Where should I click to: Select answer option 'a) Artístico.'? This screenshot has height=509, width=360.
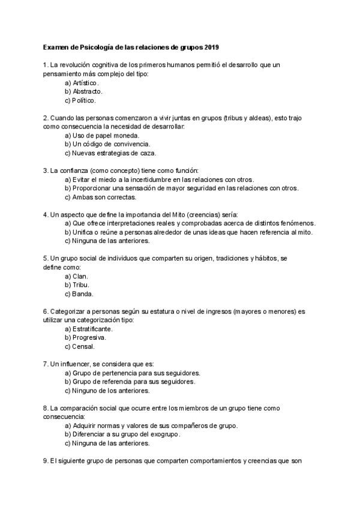tap(82, 82)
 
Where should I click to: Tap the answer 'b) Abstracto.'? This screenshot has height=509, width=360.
tap(83, 91)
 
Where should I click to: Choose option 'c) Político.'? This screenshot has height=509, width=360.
tap(81, 100)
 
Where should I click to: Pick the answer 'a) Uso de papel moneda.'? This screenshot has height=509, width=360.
tap(101, 136)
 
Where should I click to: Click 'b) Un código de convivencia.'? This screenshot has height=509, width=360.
tap(107, 144)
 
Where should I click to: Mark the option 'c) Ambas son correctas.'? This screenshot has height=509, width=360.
tap(100, 197)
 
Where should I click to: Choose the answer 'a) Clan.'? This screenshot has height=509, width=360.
tap(76, 276)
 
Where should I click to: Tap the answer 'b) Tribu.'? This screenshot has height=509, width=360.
tap(76, 285)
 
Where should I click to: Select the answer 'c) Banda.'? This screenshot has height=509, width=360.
tap(79, 294)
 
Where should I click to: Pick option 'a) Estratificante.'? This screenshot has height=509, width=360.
tap(88, 329)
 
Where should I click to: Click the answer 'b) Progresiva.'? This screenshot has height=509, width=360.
tap(85, 338)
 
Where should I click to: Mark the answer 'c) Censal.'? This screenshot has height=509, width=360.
tap(79, 346)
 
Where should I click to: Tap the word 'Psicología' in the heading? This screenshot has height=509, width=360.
tap(99, 46)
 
